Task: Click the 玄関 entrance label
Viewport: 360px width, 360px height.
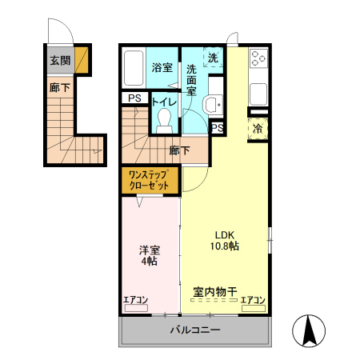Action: coord(59,60)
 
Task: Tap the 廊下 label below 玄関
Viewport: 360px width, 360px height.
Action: coord(59,88)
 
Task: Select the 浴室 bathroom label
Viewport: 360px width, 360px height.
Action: coord(162,68)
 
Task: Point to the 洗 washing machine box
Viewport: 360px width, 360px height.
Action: coord(213,58)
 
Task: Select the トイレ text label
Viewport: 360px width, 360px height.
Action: coord(164,102)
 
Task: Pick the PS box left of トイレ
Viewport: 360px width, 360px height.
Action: coord(133,98)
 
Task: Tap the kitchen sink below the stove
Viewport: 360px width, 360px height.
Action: coord(258,93)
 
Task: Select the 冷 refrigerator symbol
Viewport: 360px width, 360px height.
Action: coord(258,128)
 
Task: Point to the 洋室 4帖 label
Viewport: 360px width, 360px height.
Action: coord(150,254)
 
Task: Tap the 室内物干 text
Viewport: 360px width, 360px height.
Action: coord(214,291)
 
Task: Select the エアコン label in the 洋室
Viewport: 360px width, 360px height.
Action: coord(136,300)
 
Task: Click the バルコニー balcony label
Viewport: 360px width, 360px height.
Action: coord(194,330)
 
